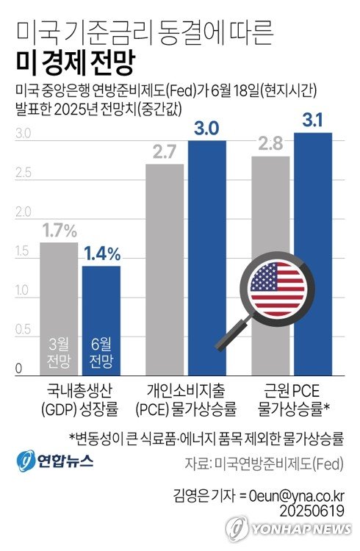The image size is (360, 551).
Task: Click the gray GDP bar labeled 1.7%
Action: pos(59,294)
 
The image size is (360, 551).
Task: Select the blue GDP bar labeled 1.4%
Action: pos(101,309)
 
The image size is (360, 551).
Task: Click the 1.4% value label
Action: pos(101,254)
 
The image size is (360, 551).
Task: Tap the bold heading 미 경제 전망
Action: pos(73,63)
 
